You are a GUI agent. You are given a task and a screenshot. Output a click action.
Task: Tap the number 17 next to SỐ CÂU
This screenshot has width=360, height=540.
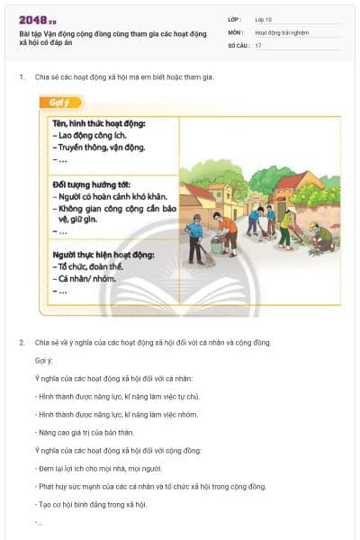(258, 45)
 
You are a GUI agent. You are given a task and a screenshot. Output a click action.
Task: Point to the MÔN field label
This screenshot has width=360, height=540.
(236, 31)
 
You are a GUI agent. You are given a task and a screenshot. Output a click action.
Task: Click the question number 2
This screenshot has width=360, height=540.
(22, 342)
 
